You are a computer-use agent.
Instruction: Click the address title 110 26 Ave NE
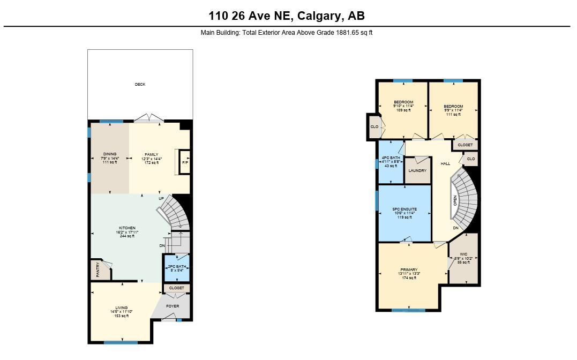pos(287,16)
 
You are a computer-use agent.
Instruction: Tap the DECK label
pos(140,84)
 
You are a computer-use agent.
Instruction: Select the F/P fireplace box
pos(185,162)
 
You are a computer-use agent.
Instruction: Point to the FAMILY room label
pos(151,154)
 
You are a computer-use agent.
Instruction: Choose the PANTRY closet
pos(99,269)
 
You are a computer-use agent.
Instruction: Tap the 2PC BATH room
pos(176,267)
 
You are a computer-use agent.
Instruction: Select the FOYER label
pos(173,306)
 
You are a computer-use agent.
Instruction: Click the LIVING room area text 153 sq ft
pos(121,316)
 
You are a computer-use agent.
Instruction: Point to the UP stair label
pos(161,199)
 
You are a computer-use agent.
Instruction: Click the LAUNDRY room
pos(417,171)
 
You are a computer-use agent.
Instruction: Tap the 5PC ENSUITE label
pos(404,209)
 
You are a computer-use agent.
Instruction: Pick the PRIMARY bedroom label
pos(408,269)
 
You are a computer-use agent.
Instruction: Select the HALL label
pos(445,163)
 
